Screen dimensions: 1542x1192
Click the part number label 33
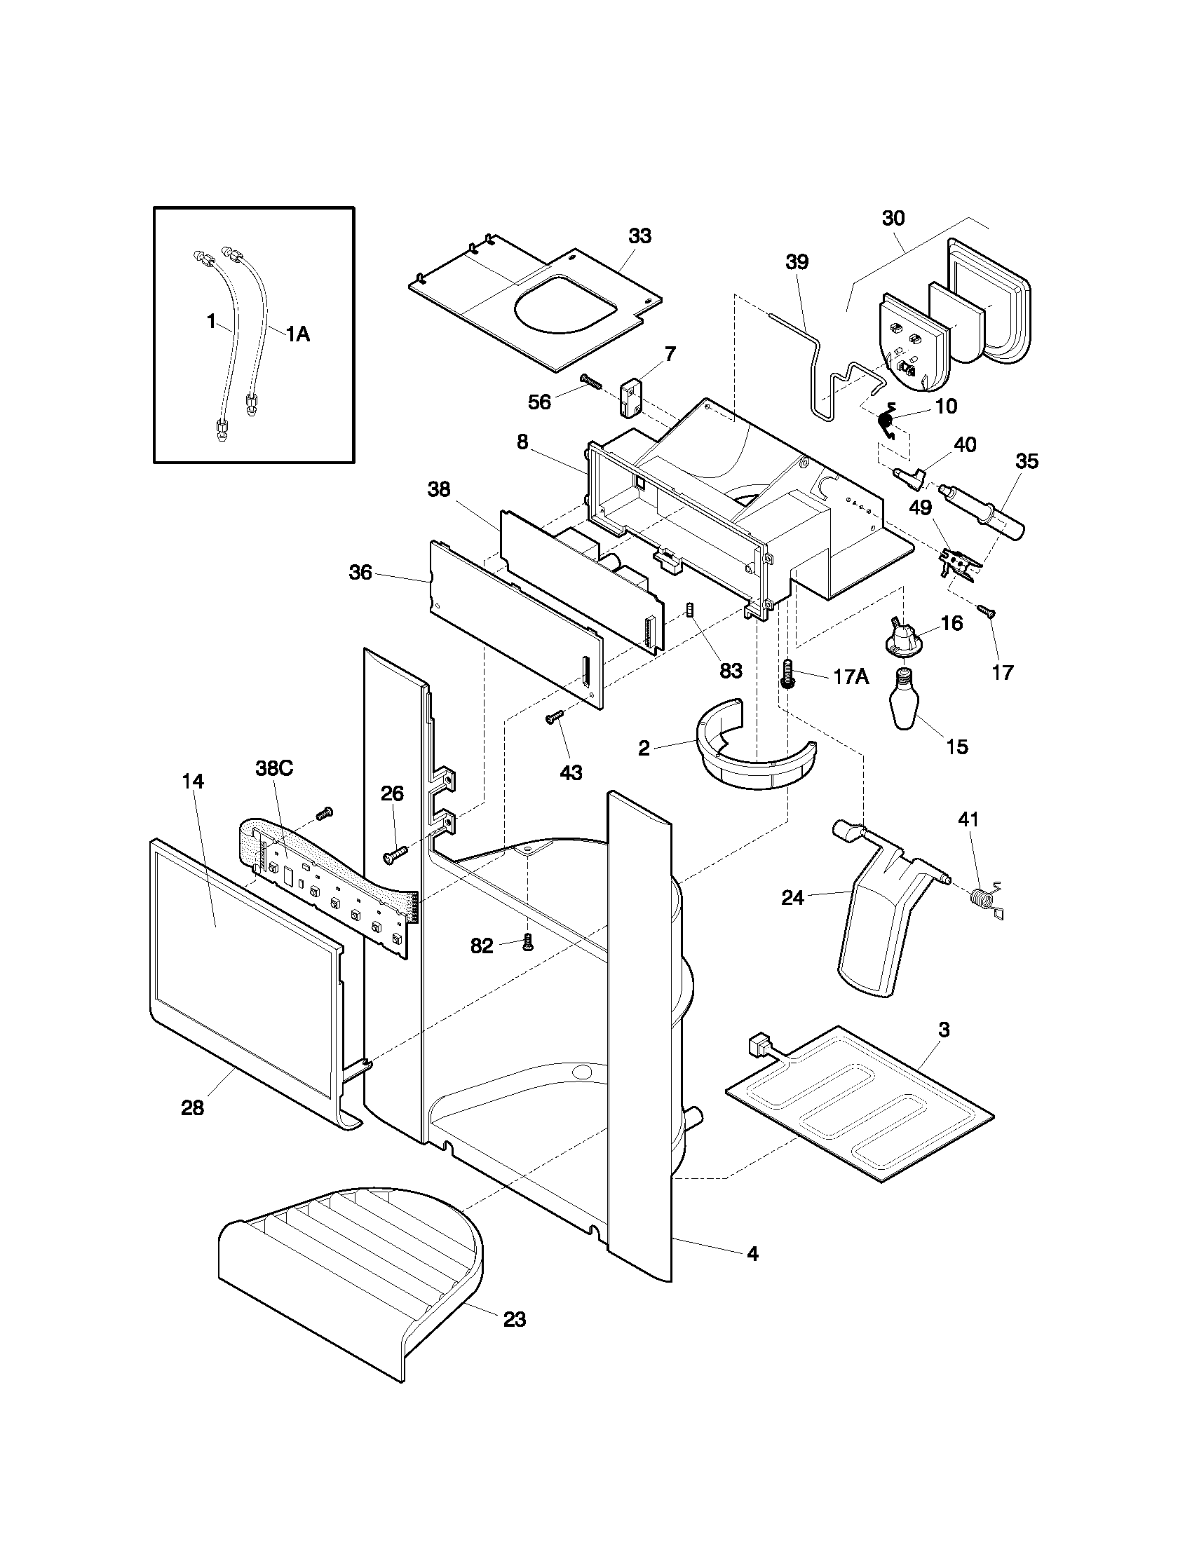639,236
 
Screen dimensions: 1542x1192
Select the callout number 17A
851,677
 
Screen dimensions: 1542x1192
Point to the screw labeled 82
526,941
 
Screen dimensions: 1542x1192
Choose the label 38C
274,769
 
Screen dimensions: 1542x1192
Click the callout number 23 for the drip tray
515,1319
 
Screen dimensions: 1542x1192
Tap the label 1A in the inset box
298,334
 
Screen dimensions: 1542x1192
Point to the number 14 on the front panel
193,782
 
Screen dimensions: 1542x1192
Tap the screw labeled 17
987,610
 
